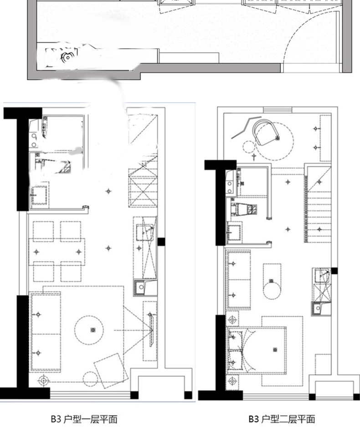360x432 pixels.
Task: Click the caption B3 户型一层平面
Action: (84, 419)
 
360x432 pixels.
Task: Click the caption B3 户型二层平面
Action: (282, 419)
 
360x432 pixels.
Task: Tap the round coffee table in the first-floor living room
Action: (89, 330)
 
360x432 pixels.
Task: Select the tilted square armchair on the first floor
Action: (111, 370)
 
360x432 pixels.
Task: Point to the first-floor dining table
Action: (57, 252)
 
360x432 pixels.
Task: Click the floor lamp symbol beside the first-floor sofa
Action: (43, 381)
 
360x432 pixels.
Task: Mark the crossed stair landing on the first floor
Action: (143, 188)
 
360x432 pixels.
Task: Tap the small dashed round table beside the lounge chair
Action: (249, 147)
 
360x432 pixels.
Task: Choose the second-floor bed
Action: (256, 350)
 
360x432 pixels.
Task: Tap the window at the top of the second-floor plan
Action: (278, 110)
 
